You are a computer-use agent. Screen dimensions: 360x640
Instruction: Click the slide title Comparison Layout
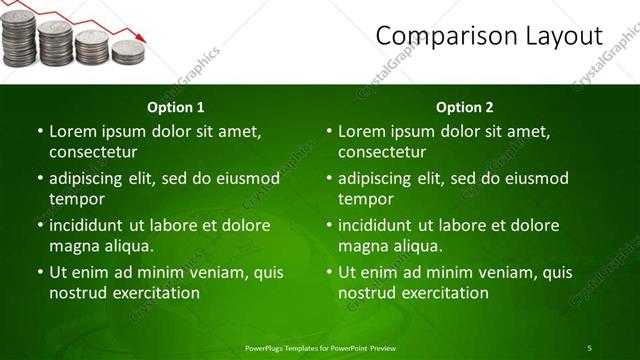click(489, 36)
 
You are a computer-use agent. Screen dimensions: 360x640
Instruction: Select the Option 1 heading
click(176, 107)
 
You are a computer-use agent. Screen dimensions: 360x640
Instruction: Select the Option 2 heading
click(465, 107)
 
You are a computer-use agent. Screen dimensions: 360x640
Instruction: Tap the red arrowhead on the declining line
click(142, 37)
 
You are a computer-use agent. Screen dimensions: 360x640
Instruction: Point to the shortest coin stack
click(128, 53)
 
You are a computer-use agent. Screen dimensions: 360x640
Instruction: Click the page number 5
click(589, 347)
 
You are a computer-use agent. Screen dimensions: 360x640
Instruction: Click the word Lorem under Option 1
click(73, 131)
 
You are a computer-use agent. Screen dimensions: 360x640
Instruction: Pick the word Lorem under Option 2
click(362, 131)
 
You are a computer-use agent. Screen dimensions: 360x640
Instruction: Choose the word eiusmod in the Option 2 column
click(536, 178)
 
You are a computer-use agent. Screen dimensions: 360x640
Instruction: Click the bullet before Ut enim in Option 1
click(39, 272)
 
